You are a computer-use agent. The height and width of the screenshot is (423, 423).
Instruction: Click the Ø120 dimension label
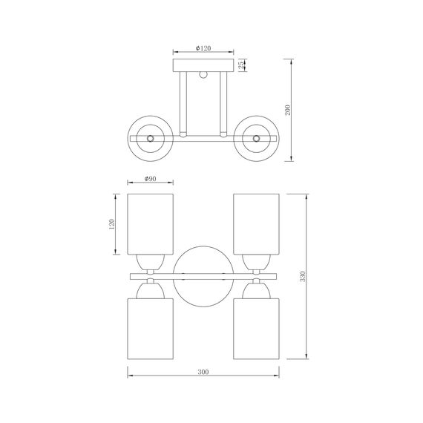tap(203, 48)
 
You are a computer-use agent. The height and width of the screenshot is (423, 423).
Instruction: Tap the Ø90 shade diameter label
tap(150, 179)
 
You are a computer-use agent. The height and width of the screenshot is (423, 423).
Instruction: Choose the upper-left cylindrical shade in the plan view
tap(150, 223)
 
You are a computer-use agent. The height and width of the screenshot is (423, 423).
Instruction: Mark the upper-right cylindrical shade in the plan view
tap(256, 223)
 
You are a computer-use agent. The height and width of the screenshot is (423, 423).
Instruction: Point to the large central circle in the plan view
tap(203, 276)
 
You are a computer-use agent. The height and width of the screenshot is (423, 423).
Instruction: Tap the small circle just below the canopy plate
tap(203, 74)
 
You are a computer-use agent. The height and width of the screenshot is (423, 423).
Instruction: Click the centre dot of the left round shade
tap(151, 138)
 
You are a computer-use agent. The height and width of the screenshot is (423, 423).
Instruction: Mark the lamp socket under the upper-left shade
tap(150, 260)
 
